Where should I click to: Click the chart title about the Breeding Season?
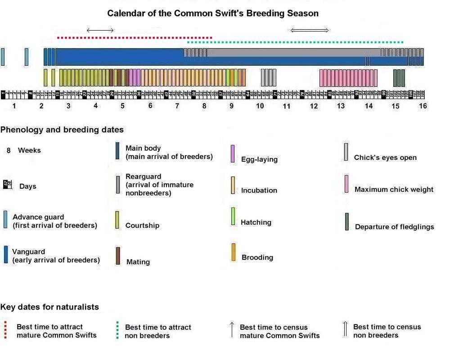click(x=212, y=13)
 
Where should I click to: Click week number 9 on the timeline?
click(x=232, y=106)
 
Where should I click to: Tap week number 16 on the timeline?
click(x=423, y=106)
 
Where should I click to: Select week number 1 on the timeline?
click(x=14, y=106)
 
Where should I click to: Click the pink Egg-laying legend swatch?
click(x=232, y=153)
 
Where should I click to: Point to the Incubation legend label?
click(x=259, y=190)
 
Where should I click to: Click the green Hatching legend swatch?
click(x=233, y=216)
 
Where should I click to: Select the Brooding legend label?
click(x=257, y=257)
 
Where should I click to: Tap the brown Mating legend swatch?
click(x=118, y=256)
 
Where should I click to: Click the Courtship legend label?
click(x=142, y=225)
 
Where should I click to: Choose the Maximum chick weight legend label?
click(x=394, y=189)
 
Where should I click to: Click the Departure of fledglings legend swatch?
click(x=346, y=222)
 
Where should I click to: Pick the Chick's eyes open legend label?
click(x=385, y=157)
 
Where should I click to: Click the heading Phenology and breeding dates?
click(x=62, y=130)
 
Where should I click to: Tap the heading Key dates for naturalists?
click(x=49, y=307)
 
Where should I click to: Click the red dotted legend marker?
click(x=5, y=330)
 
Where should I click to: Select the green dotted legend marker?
click(x=117, y=330)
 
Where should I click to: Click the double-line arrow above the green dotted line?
click(x=310, y=30)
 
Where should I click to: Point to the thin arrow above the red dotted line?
click(x=100, y=30)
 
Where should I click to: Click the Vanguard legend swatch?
click(x=6, y=254)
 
